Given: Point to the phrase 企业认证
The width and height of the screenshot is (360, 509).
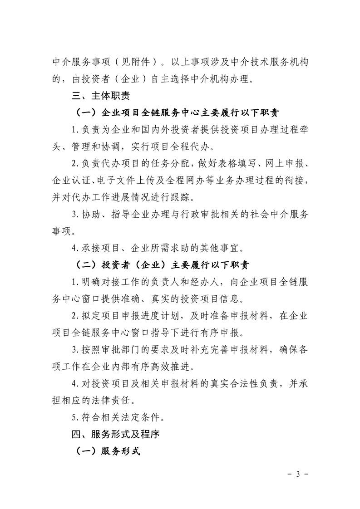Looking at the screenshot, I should tap(67, 181).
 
